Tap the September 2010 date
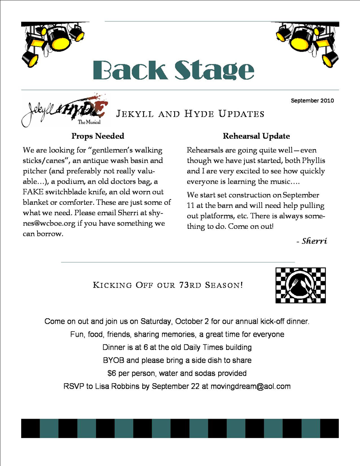pyautogui.click(x=312, y=100)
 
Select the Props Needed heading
pyautogui.click(x=98, y=136)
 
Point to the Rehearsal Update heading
pyautogui.click(x=256, y=136)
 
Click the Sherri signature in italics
pyautogui.click(x=314, y=241)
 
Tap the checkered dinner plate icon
pyautogui.click(x=300, y=285)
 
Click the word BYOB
pyautogui.click(x=113, y=360)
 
